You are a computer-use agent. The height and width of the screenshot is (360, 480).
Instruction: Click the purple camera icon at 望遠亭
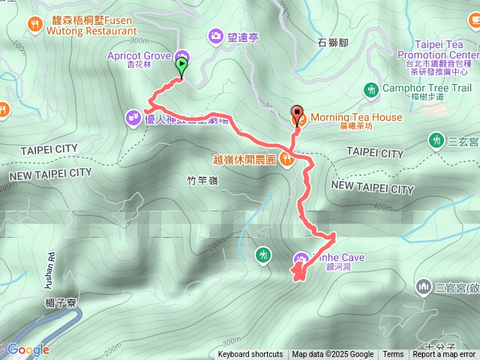point(216,34)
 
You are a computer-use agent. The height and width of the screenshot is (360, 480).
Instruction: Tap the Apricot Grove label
point(139,55)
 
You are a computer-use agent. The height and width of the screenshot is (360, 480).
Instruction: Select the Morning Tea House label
point(356,118)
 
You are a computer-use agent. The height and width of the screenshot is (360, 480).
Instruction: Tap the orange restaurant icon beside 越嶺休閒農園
point(286,158)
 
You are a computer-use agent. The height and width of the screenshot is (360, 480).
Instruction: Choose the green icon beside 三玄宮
point(436,139)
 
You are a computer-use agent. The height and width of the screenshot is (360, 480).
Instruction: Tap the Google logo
point(28,349)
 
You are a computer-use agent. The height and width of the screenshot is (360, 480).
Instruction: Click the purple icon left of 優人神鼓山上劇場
point(133,117)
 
